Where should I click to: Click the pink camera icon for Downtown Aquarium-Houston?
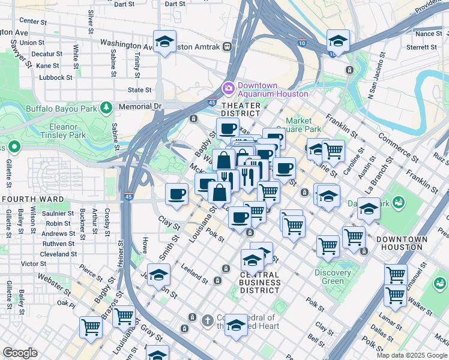tap(228, 89)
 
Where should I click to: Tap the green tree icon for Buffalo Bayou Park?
tap(106, 108)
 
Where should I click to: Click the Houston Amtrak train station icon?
tap(228, 46)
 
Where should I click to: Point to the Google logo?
tap(20, 353)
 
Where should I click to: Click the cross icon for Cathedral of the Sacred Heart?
tap(208, 320)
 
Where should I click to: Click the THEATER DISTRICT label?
tap(241, 109)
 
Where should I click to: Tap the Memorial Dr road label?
tap(140, 106)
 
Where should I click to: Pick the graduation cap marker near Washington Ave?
tap(164, 42)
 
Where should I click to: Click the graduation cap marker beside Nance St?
tap(338, 41)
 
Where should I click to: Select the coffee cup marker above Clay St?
tap(177, 194)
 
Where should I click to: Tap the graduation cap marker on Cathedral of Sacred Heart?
tap(237, 325)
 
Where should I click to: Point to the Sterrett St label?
tap(425, 47)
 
